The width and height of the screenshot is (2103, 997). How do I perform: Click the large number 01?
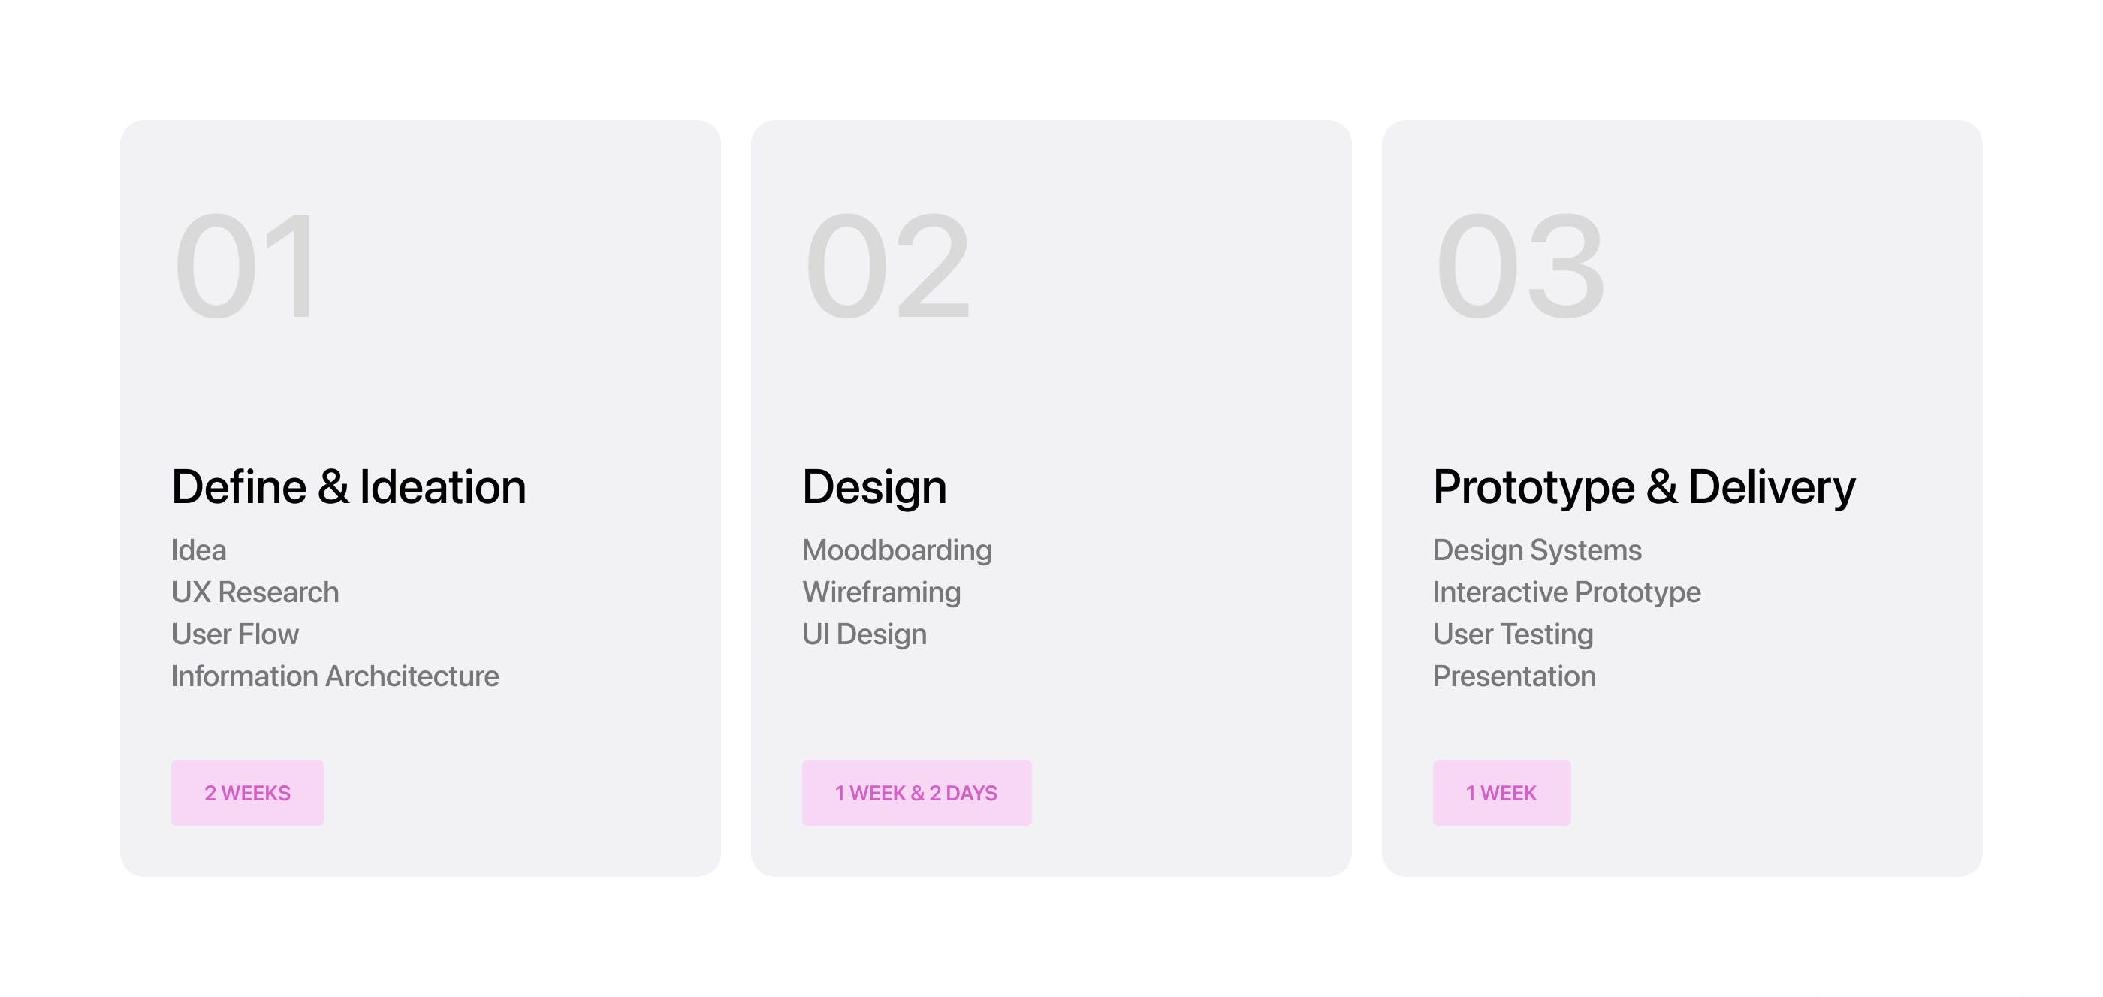point(244,266)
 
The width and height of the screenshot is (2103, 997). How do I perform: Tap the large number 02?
point(888,266)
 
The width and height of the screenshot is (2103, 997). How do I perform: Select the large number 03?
point(1520,266)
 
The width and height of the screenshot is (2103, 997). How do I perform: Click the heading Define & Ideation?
point(348,487)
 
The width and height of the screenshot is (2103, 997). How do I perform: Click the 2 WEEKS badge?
point(247,792)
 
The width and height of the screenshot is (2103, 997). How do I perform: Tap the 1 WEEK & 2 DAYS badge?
point(917,792)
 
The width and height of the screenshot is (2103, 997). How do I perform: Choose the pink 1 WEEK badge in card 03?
point(1501,792)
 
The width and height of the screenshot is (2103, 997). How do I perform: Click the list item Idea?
point(199,550)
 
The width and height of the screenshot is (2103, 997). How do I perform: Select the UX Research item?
point(255,592)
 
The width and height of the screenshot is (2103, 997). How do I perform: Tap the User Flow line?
point(235,634)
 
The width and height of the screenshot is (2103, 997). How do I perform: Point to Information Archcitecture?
point(336,676)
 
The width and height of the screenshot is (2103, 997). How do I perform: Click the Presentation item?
point(1514,676)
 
